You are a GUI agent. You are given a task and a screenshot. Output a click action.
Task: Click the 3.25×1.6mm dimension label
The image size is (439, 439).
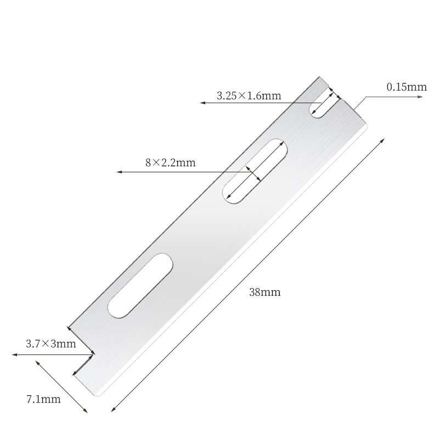pyautogui.click(x=249, y=95)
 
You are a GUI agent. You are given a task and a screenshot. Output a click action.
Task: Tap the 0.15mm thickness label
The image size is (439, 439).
pyautogui.click(x=406, y=87)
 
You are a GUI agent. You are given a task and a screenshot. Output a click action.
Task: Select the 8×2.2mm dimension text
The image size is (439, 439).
pyautogui.click(x=171, y=162)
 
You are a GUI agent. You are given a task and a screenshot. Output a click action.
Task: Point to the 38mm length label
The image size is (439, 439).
pyautogui.click(x=264, y=292)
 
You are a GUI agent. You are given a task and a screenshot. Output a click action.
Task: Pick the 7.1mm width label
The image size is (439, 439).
pyautogui.click(x=43, y=399)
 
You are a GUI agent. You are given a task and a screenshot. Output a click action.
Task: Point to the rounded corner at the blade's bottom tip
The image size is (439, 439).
pyautogui.click(x=99, y=394)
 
